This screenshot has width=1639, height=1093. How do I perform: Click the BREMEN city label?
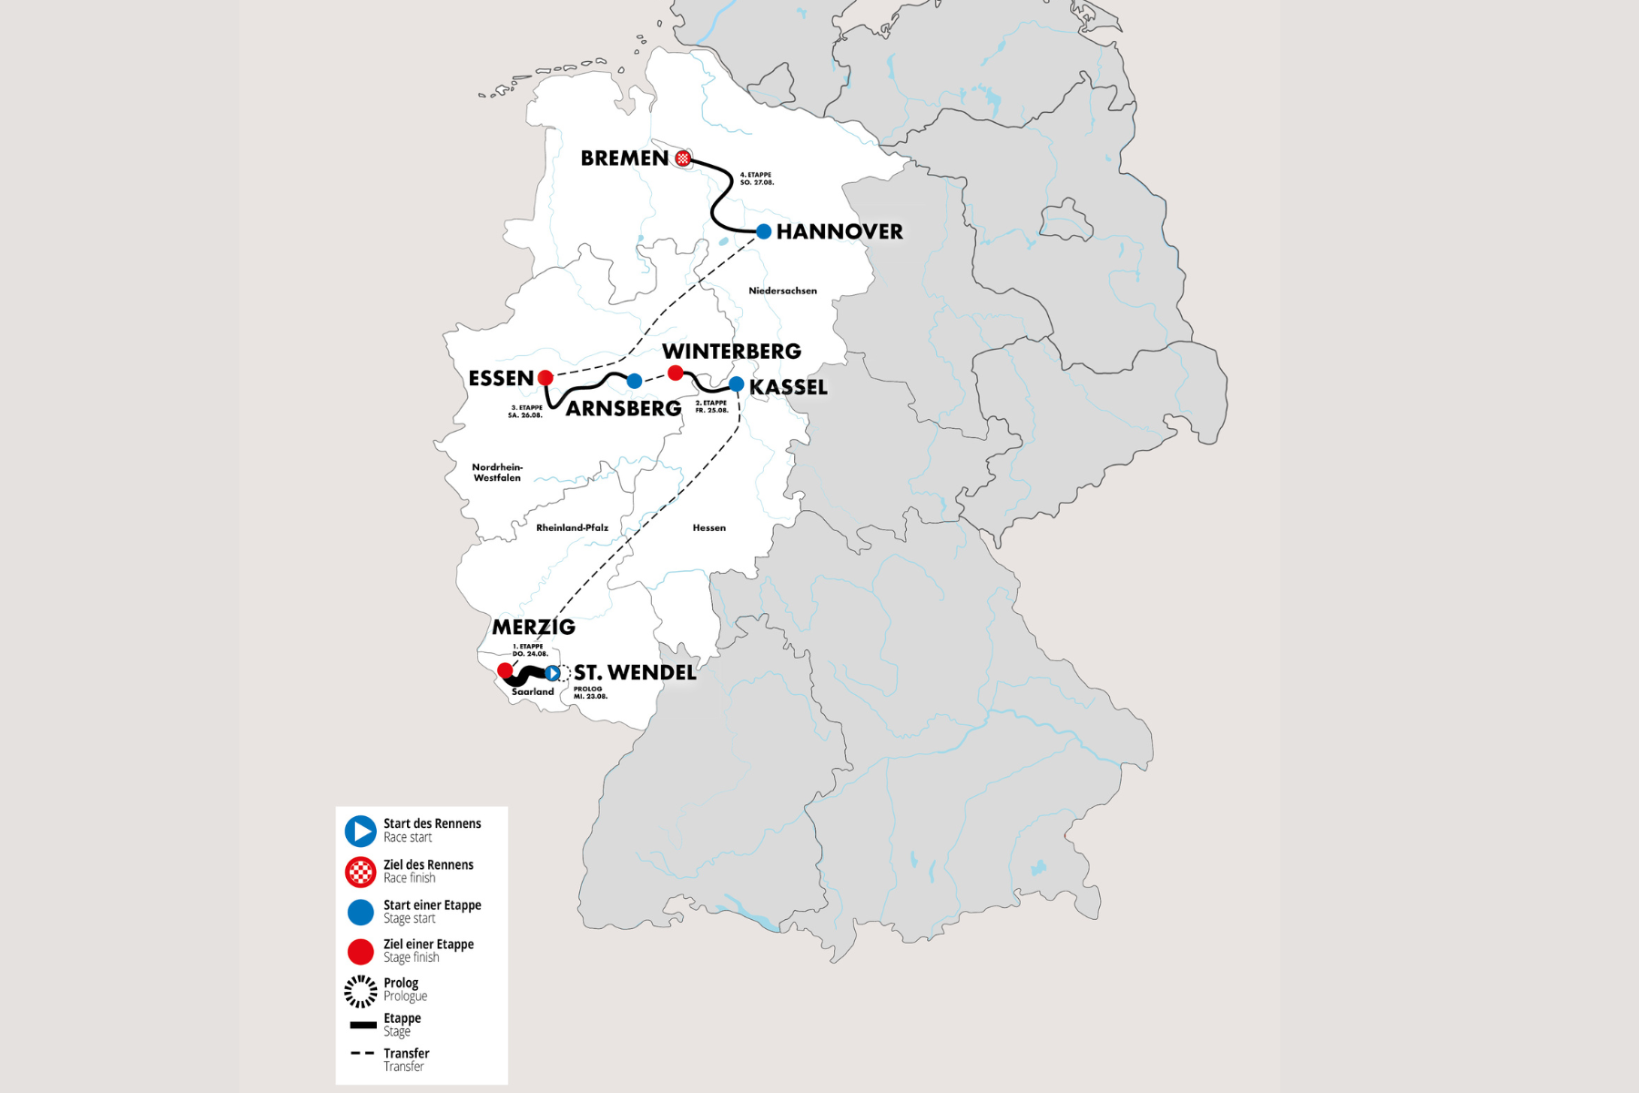click(624, 158)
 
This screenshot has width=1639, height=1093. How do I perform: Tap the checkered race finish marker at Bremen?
click(683, 158)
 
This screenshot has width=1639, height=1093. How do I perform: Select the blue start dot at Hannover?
click(764, 231)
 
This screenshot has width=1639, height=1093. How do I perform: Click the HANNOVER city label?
click(840, 232)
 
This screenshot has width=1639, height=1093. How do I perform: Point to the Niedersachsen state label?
click(782, 291)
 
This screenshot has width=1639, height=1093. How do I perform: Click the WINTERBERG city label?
click(731, 352)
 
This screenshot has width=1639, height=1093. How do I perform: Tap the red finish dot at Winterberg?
click(676, 373)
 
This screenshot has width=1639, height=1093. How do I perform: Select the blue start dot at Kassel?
click(737, 384)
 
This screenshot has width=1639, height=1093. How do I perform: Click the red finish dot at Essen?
click(545, 377)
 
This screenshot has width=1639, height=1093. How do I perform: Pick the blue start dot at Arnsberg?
click(635, 381)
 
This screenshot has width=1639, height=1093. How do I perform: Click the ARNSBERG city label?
click(623, 409)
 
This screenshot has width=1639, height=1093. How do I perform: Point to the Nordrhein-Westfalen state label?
click(497, 473)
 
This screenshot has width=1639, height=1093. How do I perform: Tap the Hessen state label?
click(708, 528)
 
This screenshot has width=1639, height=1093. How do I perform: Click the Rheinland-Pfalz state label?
click(572, 528)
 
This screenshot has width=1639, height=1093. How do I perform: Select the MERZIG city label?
click(534, 628)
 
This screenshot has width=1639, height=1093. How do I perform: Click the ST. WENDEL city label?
click(635, 673)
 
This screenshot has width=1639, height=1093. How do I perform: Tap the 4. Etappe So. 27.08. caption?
click(756, 179)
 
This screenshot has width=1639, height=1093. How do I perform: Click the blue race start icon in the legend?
click(361, 831)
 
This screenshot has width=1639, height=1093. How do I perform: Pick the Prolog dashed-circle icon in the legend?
click(361, 991)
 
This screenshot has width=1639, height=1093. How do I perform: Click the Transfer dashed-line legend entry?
click(362, 1053)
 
